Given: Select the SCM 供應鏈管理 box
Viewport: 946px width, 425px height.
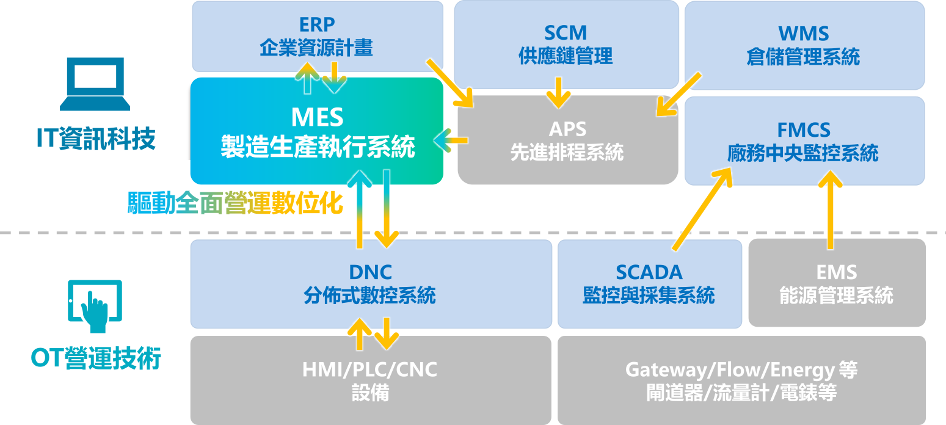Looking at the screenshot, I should [566, 44].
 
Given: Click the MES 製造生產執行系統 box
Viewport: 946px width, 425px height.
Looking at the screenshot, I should [316, 131].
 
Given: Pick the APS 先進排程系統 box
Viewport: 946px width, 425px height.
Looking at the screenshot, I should [567, 140].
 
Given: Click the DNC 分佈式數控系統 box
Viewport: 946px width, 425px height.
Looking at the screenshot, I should [370, 283].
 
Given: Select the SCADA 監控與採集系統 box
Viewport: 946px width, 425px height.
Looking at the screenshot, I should [649, 283].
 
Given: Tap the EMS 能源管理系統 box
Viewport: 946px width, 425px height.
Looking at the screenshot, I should [836, 283].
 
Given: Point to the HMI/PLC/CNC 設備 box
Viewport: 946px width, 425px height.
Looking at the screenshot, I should [370, 380].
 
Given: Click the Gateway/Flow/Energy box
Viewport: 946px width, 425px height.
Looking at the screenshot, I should [741, 380].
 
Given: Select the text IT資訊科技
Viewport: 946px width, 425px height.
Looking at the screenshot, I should [96, 139].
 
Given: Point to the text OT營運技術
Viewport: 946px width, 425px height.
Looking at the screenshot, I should [96, 358].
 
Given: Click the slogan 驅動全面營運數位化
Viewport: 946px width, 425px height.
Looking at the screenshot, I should [235, 203].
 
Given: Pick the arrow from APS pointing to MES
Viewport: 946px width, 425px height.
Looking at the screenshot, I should [451, 141].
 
